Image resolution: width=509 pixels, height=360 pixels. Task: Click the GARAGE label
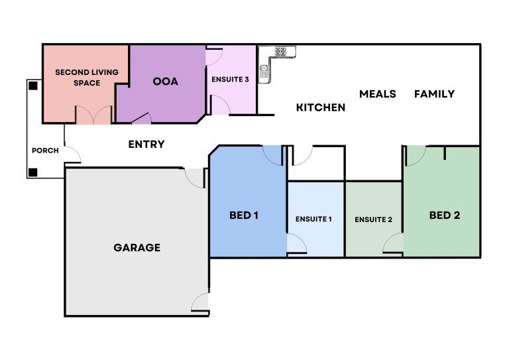[137, 248]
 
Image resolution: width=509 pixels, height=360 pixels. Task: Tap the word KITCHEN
[320, 107]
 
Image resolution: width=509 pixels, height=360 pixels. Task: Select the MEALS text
[377, 94]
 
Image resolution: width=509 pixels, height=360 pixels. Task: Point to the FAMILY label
[434, 94]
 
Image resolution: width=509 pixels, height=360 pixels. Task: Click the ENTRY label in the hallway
[146, 145]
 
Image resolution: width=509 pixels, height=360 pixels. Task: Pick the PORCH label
[45, 150]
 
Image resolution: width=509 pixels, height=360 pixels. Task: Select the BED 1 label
[244, 215]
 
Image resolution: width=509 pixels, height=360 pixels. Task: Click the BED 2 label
[444, 215]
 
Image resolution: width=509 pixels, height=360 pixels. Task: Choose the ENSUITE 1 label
[313, 219]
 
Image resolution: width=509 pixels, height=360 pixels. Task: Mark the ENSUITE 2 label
[373, 219]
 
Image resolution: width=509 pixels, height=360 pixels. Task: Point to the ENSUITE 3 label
[230, 80]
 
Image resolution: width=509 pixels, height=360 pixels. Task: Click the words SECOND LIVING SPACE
[78, 78]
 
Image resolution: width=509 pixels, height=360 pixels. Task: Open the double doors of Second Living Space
[93, 115]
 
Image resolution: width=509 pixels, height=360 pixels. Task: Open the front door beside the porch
[72, 154]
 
